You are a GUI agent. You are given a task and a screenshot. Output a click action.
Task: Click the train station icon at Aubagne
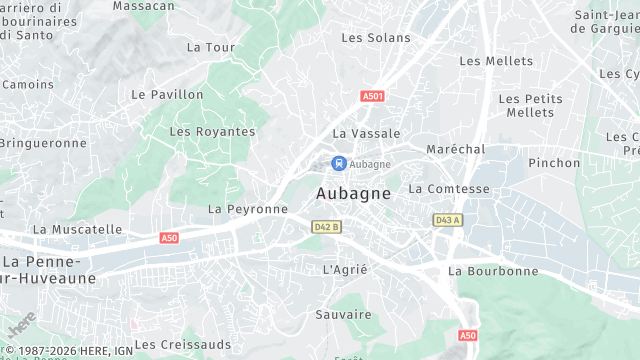pos(339,162)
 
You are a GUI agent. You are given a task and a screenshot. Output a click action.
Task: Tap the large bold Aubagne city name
pos(353,193)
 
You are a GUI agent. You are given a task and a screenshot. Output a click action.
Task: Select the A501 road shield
pos(372,96)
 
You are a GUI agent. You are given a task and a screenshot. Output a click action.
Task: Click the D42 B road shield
pos(326,227)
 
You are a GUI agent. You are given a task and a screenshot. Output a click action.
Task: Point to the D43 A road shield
pos(446,219)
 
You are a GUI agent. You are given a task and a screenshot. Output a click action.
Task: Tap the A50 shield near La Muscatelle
pos(169,238)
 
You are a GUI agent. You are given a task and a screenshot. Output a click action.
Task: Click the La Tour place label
pos(210,47)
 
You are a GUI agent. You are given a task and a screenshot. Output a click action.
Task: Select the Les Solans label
pos(376,38)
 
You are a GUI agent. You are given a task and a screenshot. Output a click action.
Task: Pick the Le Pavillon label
pos(167,95)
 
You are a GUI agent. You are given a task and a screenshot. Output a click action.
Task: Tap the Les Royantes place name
pos(212,132)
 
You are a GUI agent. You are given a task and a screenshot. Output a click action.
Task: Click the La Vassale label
pos(366,133)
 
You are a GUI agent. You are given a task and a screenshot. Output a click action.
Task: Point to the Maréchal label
pos(455,149)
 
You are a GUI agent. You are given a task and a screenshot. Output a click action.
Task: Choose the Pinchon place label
pos(554,163)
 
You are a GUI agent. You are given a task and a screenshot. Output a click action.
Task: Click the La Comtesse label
pos(449,189)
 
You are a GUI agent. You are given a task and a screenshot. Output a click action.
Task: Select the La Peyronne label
pos(247,209)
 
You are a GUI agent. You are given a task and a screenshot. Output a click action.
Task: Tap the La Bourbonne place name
pos(493,271)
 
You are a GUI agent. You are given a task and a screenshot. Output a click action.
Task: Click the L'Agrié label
pos(346,270)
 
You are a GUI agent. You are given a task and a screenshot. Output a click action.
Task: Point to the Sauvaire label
pos(343,314)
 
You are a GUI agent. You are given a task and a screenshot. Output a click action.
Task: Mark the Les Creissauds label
pos(182,344)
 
